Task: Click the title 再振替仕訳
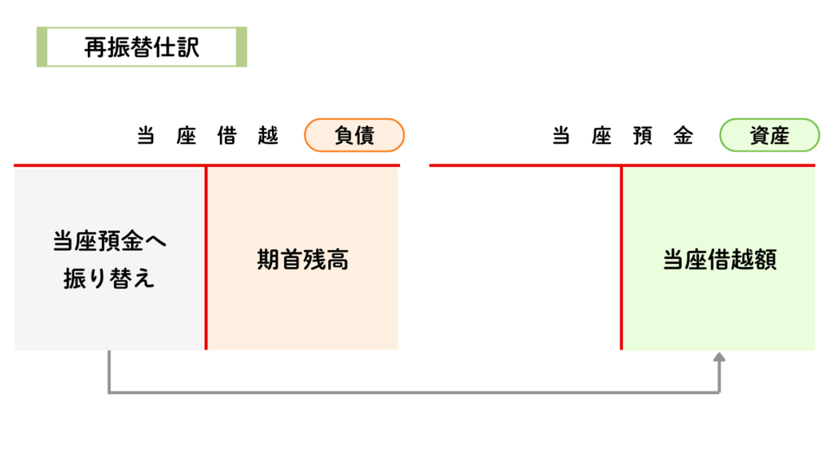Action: coord(142,47)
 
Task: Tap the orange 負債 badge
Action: coord(354,135)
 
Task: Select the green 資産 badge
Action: coord(769,135)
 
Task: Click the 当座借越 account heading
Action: coord(208,136)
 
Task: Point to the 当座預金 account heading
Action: coord(622,136)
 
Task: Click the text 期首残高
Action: coord(303,260)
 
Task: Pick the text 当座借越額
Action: coord(720,260)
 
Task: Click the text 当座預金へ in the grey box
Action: coord(110,241)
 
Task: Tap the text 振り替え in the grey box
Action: coord(109,278)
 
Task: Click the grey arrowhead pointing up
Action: coord(719,357)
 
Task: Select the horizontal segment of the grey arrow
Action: coord(414,392)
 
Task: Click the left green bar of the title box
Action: coord(42,46)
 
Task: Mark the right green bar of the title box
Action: coord(241,46)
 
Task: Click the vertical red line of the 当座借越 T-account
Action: coord(206,257)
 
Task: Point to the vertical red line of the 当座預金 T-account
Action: coord(621,257)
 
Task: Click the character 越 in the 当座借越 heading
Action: coord(268,136)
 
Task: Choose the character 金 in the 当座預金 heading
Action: coord(683,136)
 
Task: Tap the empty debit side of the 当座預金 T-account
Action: coord(525,258)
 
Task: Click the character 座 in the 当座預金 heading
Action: coord(602,136)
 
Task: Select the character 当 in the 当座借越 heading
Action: coord(146,136)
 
